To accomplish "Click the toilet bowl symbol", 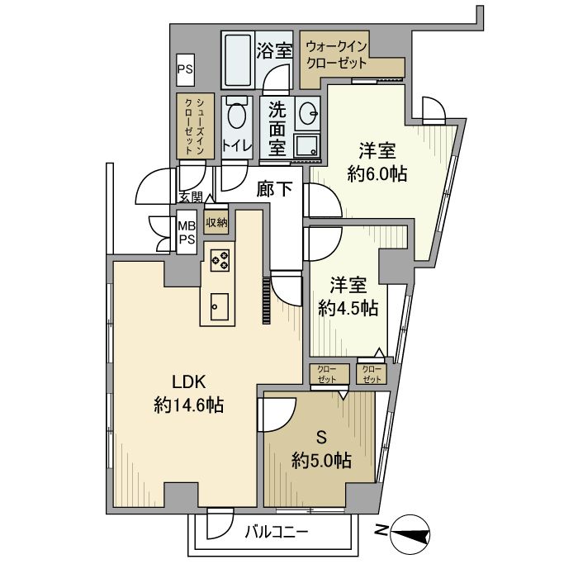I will (237, 115).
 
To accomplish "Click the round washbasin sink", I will (308, 113).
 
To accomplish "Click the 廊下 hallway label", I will (275, 189).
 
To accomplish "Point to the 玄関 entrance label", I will (192, 197).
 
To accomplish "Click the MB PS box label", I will (187, 233).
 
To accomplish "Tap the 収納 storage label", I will (216, 223).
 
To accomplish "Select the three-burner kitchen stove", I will (220, 260).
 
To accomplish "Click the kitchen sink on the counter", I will (220, 307).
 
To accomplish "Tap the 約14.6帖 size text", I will (189, 405).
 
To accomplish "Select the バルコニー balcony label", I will (276, 533).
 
